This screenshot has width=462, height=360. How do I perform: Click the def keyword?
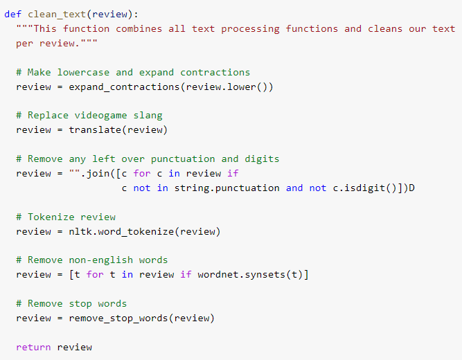coord(12,14)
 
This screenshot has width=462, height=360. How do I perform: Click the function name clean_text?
coord(57,15)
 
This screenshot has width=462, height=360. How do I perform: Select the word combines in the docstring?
coord(139,28)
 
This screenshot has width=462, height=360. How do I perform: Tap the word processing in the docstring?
coord(250,29)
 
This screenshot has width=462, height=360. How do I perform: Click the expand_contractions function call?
coord(124,87)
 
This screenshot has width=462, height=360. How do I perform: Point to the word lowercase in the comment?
coord(83,72)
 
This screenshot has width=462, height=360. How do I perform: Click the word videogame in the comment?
coord(100,116)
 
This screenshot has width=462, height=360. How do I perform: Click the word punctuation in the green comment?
coord(183,159)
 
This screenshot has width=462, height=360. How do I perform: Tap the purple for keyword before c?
coord(142,173)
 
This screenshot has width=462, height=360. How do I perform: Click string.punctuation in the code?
coord(227,188)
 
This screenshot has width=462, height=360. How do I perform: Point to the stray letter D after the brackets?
coord(411,188)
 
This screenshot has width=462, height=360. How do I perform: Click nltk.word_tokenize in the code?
coord(121,231)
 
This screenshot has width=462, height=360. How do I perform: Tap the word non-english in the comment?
coord(100,260)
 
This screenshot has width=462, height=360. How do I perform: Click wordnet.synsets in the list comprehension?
coord(241,275)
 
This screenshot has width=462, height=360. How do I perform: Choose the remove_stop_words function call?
coord(118,318)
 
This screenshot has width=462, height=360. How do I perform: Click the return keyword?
coord(33,348)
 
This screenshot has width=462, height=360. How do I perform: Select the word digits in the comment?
coord(262,159)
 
